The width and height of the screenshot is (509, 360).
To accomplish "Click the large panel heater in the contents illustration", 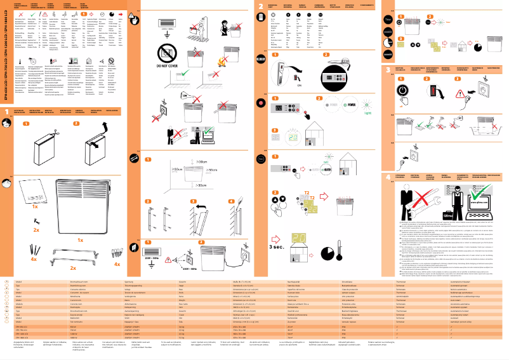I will [81, 206].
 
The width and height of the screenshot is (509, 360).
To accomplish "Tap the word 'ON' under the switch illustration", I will [281, 83].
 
